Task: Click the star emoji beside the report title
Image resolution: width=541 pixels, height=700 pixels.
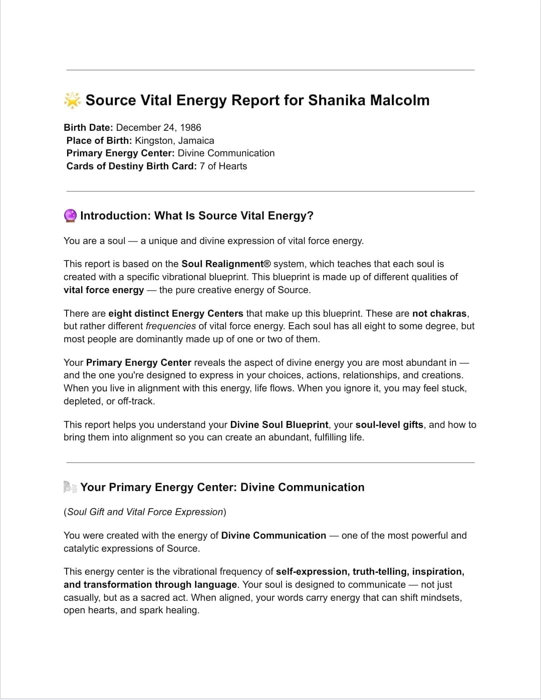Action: point(72,100)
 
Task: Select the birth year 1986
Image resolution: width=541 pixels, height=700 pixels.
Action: point(190,127)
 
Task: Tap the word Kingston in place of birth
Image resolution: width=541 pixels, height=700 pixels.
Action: point(154,140)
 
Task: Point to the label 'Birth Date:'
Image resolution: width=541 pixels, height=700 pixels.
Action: point(88,127)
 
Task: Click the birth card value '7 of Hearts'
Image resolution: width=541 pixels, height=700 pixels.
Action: point(223,166)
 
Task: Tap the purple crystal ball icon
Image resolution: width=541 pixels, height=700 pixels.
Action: point(71,216)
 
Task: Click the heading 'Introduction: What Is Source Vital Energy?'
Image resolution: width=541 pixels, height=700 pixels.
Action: point(196,216)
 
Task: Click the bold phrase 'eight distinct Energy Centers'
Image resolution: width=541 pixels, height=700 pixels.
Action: point(175,313)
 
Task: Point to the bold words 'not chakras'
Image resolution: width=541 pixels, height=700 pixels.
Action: point(439,313)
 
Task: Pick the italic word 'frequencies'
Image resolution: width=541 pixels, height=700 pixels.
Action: point(170,326)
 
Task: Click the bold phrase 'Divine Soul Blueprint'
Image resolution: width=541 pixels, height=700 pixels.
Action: point(279,424)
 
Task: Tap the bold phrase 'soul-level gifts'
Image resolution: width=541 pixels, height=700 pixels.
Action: point(389,424)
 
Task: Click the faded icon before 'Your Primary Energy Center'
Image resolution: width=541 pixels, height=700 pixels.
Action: point(70,487)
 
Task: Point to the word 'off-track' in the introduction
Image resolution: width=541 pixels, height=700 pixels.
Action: point(136,401)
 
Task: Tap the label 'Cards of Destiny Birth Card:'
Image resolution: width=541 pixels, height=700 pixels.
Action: point(131,166)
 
